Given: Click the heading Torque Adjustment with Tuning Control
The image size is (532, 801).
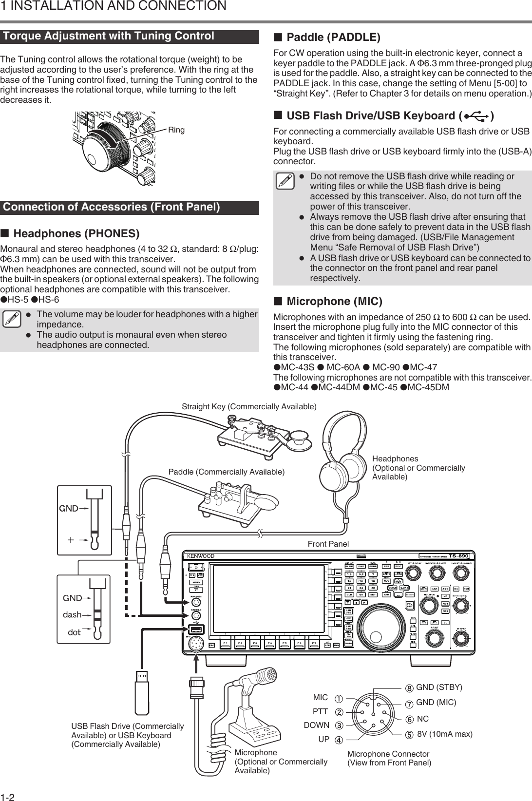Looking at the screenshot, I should (x=109, y=36).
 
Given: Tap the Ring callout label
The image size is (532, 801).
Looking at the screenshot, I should (x=176, y=130).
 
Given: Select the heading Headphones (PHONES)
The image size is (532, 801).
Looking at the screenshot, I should (x=76, y=233).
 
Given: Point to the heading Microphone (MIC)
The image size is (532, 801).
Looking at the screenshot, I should (x=335, y=301).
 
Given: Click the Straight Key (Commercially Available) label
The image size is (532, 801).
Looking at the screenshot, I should (x=249, y=406).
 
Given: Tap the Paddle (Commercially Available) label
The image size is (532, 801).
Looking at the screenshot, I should (x=227, y=472).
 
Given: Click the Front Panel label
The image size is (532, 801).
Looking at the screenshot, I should (x=328, y=544).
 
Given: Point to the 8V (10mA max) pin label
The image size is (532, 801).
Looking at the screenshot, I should (x=445, y=733).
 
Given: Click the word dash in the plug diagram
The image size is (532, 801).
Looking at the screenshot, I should (x=72, y=615).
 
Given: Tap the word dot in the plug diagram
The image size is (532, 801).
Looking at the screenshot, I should (x=75, y=632).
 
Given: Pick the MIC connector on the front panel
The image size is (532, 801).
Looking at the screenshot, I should (x=196, y=644).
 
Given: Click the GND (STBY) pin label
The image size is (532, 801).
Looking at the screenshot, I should (x=439, y=687).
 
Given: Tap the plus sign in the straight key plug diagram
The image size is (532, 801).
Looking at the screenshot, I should (x=71, y=539).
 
